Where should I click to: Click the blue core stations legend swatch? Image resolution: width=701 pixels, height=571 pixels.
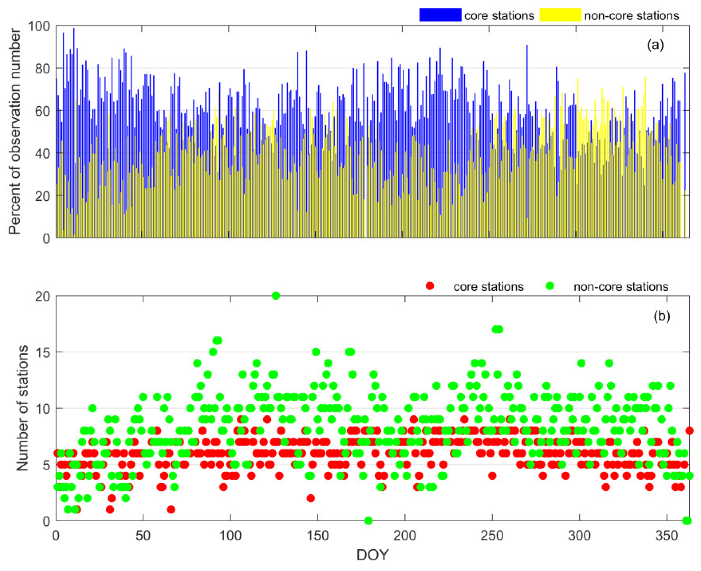coord(440,15)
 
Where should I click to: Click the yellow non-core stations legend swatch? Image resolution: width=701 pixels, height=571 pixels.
coord(560,15)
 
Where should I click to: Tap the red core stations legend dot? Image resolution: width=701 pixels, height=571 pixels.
coord(429,286)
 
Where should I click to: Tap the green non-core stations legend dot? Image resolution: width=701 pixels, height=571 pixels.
coord(550,286)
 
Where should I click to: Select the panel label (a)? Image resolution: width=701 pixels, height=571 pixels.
coord(655,45)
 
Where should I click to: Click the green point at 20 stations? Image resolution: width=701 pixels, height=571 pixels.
coord(276,296)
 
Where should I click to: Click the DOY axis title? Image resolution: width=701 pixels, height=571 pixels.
coord(373,555)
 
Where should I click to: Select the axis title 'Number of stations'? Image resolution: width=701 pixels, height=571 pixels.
coord(22,408)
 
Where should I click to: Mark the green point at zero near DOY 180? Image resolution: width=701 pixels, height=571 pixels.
coord(368,521)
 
